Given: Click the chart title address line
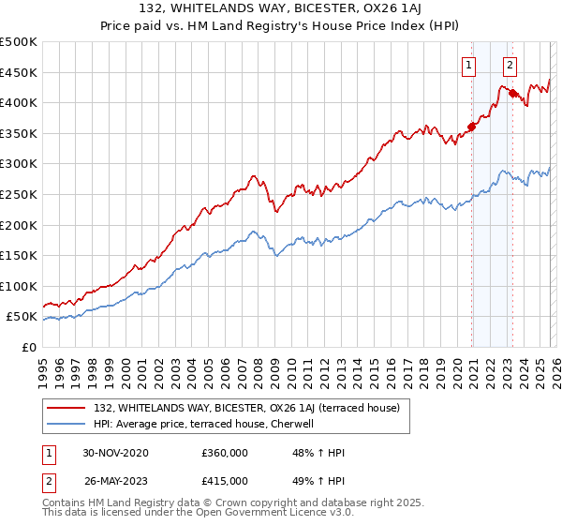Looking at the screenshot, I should [x=281, y=10].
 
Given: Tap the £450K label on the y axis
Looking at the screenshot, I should [x=19, y=72].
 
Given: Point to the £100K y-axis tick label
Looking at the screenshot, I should [x=19, y=286].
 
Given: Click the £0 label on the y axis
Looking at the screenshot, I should [x=29, y=347].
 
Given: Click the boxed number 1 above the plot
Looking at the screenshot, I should [x=466, y=65].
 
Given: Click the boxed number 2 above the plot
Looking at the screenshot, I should [x=510, y=65].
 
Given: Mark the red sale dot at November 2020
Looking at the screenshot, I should [x=471, y=127].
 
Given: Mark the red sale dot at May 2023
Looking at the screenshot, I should [x=512, y=93].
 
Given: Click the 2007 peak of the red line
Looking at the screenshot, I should [x=253, y=175].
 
